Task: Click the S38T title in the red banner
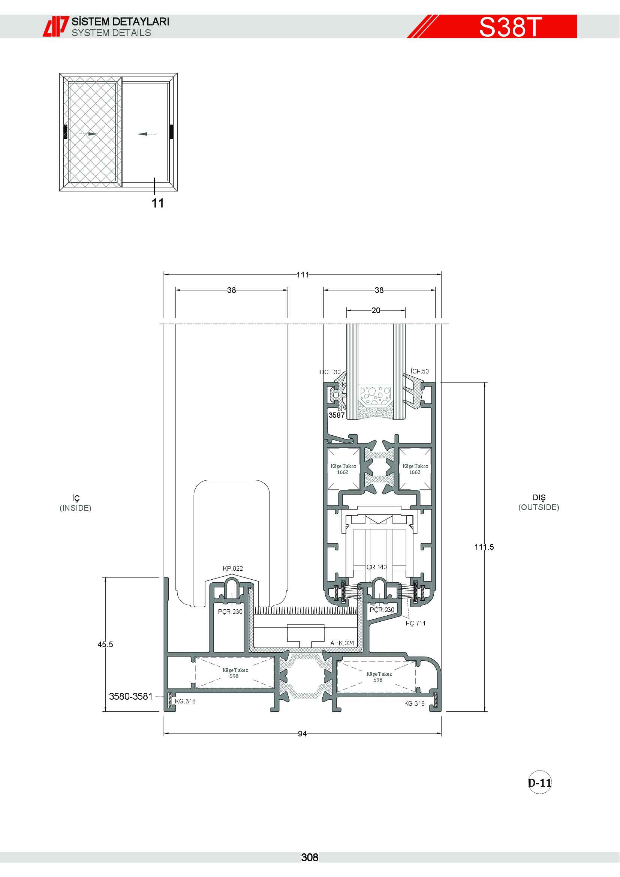pos(511,27)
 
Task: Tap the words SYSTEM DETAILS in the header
pos(111,33)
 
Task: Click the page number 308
pos(310,858)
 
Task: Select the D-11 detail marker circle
pos(539,783)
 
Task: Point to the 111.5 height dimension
pos(484,547)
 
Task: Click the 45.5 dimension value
pos(105,645)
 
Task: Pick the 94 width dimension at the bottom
pos(303,734)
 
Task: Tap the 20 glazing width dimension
pos(376,310)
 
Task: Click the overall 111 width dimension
pos(303,274)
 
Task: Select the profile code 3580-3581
pos(130,696)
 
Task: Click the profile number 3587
pos(337,415)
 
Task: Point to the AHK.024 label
pos(342,643)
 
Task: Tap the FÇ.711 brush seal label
pos(415,624)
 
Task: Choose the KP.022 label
pos(233,568)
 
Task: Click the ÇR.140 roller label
pos(376,567)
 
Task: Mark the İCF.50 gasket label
pos(419,371)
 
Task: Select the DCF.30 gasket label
pos(330,372)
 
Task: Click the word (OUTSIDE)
pos(539,507)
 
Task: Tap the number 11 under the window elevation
pos(158,203)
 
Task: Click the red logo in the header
pos(56,26)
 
